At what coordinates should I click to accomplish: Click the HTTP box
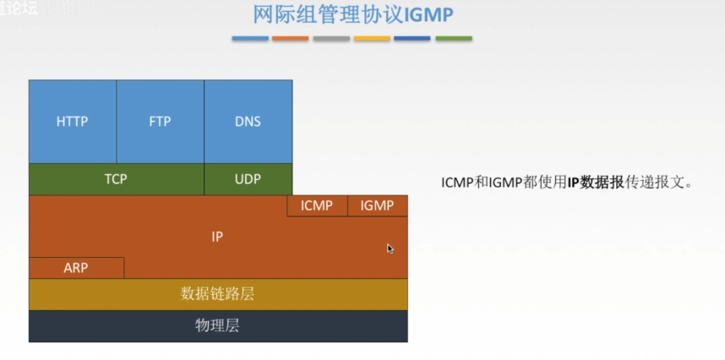(x=73, y=122)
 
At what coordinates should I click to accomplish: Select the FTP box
(x=160, y=122)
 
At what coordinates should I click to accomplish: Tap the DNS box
(x=248, y=122)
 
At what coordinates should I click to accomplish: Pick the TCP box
(x=116, y=179)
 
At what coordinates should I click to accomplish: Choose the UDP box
(x=248, y=179)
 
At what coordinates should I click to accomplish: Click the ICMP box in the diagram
(x=317, y=205)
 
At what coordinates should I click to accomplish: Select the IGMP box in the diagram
(x=378, y=205)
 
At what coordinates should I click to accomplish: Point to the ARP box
(x=76, y=268)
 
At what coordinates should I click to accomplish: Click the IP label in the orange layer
(x=217, y=237)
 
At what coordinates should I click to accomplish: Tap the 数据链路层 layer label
(x=217, y=294)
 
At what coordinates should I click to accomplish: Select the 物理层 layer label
(x=217, y=326)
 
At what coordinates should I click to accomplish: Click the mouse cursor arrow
(x=390, y=248)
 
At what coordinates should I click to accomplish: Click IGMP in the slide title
(x=428, y=14)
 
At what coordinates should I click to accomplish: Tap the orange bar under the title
(x=291, y=38)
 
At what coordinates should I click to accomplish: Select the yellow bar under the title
(x=372, y=38)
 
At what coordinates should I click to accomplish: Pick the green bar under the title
(x=454, y=38)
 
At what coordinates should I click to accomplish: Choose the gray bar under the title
(x=331, y=38)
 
